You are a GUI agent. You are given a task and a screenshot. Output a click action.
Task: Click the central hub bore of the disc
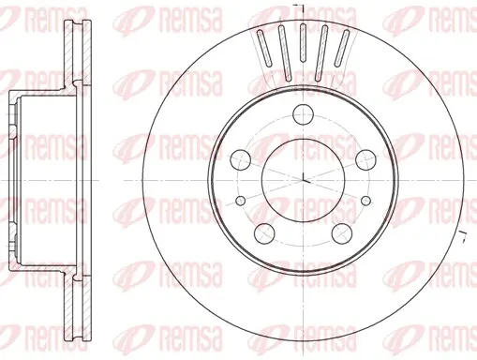(x=304, y=180)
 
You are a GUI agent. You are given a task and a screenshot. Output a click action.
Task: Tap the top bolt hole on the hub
(x=304, y=114)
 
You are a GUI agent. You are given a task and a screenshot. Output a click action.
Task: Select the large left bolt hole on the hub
(x=241, y=159)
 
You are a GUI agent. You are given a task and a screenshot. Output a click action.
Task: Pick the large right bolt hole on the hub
(x=366, y=159)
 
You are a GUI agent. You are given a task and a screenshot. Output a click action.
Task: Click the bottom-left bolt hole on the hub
(x=264, y=233)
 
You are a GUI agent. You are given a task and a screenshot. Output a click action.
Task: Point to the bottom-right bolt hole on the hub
(x=342, y=233)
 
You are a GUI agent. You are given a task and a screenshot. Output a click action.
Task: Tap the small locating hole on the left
(x=240, y=201)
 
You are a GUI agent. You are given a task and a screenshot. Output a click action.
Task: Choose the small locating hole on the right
(x=365, y=201)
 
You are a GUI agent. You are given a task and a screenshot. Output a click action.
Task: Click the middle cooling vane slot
(x=303, y=43)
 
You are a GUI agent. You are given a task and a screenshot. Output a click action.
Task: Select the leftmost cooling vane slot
(x=264, y=48)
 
